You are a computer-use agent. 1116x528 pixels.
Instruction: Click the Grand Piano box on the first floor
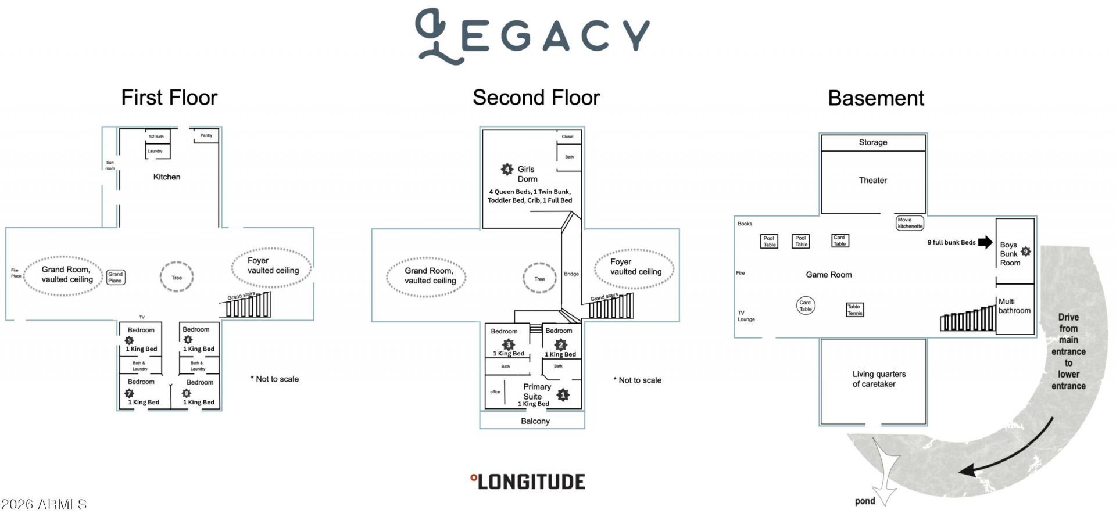click(x=115, y=277)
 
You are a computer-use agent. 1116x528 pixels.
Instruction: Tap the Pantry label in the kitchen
click(x=206, y=135)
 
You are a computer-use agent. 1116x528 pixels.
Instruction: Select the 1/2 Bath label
click(x=156, y=137)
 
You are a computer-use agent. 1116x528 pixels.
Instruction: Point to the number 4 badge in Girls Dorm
click(x=507, y=169)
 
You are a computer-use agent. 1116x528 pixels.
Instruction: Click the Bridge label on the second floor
click(x=571, y=274)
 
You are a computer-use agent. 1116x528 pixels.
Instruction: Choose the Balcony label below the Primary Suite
click(x=535, y=421)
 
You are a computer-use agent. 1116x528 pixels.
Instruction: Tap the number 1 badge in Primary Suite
click(x=563, y=395)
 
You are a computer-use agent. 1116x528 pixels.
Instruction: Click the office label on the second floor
click(x=495, y=391)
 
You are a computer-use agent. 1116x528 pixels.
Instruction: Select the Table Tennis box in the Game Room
click(x=854, y=310)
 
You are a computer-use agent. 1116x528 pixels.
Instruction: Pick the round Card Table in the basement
click(x=805, y=306)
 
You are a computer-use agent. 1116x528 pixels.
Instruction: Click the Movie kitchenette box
click(x=910, y=223)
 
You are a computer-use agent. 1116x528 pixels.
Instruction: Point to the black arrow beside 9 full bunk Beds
click(x=985, y=242)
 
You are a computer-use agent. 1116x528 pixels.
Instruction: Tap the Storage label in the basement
click(x=873, y=142)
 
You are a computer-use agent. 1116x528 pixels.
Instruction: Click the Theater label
click(x=873, y=180)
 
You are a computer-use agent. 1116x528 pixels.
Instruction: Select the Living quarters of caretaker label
click(x=879, y=379)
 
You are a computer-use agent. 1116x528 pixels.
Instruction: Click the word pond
click(x=865, y=501)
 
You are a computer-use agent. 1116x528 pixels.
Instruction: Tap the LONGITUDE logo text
click(x=527, y=482)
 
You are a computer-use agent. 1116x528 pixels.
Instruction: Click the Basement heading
click(x=876, y=98)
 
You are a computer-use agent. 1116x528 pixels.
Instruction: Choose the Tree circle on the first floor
click(x=177, y=277)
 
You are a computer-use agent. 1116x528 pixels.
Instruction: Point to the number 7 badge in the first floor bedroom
click(x=129, y=393)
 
